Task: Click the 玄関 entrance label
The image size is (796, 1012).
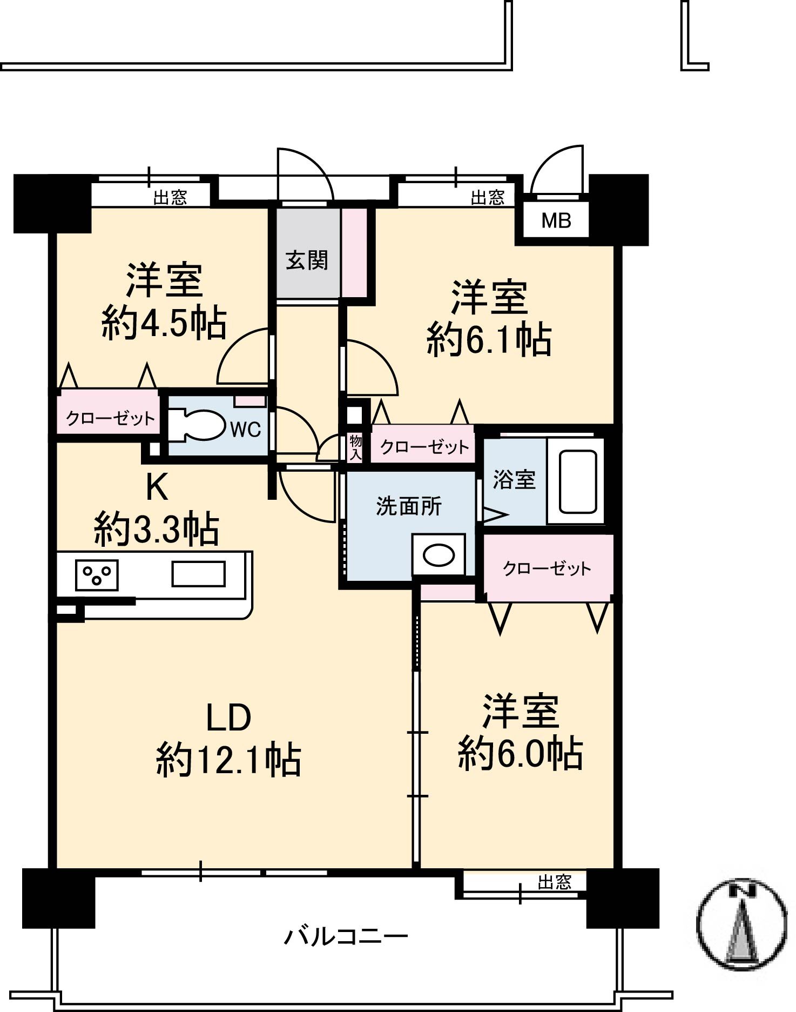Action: tap(307, 260)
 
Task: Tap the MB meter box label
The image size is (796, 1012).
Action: tap(556, 220)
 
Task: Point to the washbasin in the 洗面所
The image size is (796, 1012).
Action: tap(439, 555)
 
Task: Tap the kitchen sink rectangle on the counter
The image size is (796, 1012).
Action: tap(198, 574)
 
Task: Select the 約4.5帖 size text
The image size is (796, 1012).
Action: tap(164, 324)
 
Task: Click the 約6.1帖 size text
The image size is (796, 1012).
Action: tap(489, 340)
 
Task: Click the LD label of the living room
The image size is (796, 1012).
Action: tap(229, 718)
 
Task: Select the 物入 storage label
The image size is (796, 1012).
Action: tap(355, 447)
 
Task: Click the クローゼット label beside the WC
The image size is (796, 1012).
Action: tap(110, 418)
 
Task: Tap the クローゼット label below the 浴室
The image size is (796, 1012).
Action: tap(547, 568)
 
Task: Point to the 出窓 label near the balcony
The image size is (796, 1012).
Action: tap(554, 882)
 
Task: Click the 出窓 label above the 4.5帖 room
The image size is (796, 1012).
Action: tap(170, 198)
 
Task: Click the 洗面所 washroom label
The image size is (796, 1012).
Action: tap(409, 506)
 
